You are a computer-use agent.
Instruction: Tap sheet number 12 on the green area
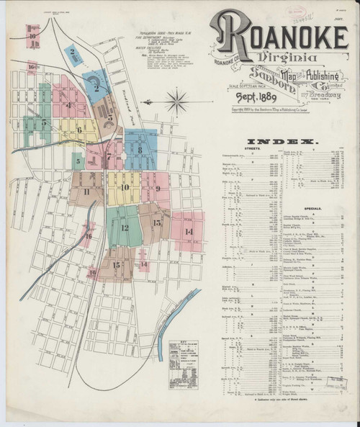tap(125, 228)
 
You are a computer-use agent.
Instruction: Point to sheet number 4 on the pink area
tap(69, 105)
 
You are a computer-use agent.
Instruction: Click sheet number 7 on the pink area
tap(109, 156)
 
